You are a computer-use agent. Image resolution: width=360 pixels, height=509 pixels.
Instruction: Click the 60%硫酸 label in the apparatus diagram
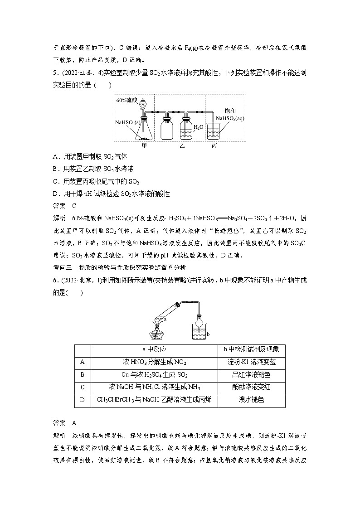click(x=126, y=100)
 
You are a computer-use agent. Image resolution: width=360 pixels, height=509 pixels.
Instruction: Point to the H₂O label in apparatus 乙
click(x=198, y=128)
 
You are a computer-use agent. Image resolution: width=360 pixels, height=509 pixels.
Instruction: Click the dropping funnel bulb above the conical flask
click(x=143, y=102)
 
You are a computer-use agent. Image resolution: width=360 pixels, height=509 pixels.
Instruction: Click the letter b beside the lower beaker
click(x=208, y=334)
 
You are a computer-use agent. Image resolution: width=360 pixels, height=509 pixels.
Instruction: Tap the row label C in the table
click(x=83, y=388)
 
